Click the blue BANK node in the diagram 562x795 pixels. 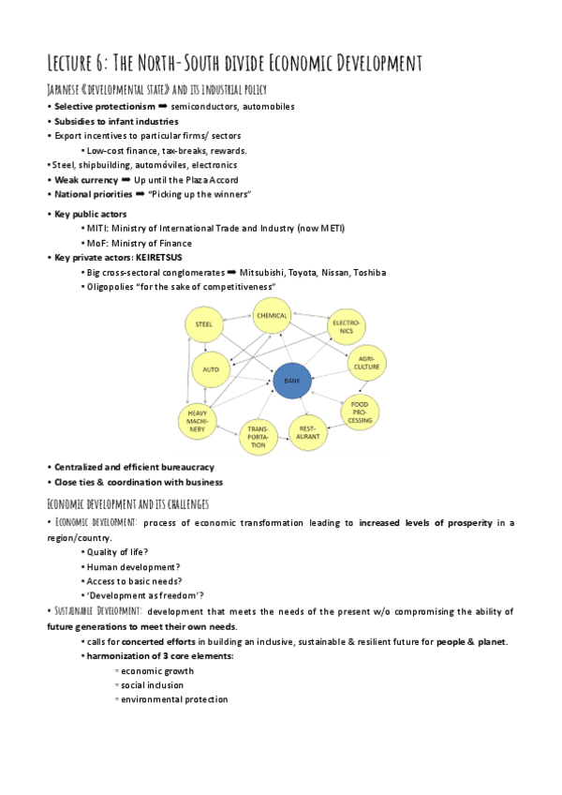coord(292,382)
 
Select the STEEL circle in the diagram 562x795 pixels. coord(203,324)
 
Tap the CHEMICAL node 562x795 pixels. coord(272,317)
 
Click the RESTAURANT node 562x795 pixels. coord(311,432)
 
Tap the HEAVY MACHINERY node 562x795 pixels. coord(198,422)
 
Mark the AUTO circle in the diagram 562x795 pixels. coord(211,369)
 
